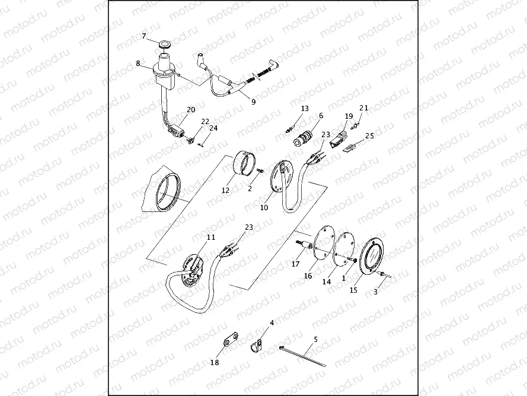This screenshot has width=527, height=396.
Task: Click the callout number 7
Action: tap(144, 36)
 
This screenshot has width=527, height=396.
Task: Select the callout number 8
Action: tap(138, 63)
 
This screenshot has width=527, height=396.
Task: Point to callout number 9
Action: tap(253, 102)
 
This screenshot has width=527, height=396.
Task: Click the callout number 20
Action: tap(191, 110)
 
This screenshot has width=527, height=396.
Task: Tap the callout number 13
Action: tap(305, 109)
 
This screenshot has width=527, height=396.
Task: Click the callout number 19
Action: tap(349, 116)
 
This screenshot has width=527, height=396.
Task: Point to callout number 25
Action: tap(370, 136)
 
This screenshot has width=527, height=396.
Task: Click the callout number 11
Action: tap(211, 237)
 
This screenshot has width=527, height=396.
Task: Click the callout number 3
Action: tap(375, 292)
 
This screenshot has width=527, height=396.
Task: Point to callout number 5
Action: tap(315, 339)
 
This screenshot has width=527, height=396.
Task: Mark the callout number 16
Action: tap(308, 276)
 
